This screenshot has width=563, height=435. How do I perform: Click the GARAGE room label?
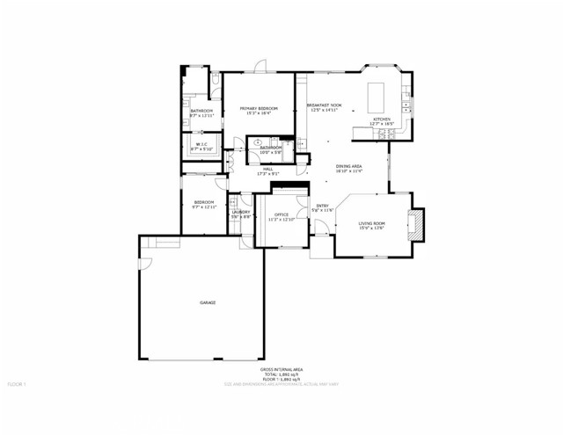(x=208, y=302)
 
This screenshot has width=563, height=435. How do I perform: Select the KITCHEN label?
(x=382, y=119)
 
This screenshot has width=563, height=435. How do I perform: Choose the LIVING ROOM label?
(x=372, y=223)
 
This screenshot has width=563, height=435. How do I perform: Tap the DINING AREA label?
(x=349, y=166)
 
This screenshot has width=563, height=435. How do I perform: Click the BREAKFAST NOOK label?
(x=323, y=105)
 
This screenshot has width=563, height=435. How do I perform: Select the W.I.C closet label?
(x=201, y=145)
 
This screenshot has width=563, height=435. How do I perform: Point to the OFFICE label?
(x=281, y=214)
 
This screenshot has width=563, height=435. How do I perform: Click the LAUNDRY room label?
(x=241, y=212)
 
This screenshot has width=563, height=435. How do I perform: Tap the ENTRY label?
(x=323, y=206)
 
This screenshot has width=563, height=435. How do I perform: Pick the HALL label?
(x=267, y=169)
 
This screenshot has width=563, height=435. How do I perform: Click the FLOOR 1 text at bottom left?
(x=18, y=384)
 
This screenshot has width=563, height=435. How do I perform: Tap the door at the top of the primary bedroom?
(x=261, y=67)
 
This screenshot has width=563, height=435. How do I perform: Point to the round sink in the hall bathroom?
(x=258, y=141)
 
